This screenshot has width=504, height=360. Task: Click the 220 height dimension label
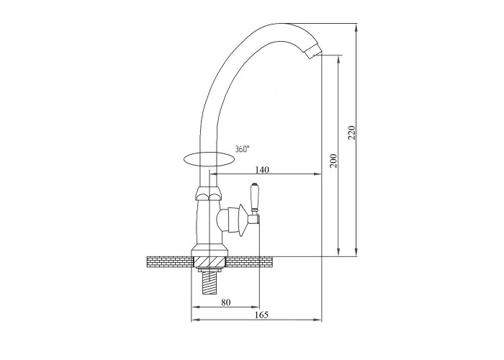[x=352, y=132]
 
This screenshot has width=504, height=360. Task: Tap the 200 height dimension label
[x=334, y=161]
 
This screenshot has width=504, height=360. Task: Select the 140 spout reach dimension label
[x=262, y=169]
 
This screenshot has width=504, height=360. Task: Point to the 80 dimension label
[x=226, y=302]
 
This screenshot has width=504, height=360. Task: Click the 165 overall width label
[x=261, y=315]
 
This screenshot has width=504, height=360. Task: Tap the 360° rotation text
[x=242, y=149]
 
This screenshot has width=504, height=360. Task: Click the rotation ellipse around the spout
[x=183, y=160]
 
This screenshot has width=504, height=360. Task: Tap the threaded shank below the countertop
[x=210, y=282]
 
